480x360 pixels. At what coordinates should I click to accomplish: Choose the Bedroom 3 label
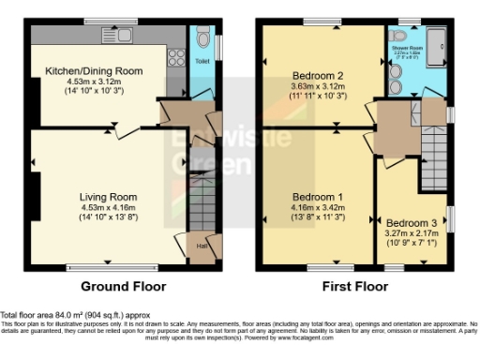pyautogui.click(x=411, y=222)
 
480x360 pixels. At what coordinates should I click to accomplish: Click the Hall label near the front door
pyautogui.click(x=202, y=247)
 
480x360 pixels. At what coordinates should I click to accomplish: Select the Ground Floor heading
pyautogui.click(x=123, y=286)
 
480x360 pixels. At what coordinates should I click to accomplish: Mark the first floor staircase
pyautogui.click(x=433, y=150)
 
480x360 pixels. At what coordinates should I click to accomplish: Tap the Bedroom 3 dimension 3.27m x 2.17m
pyautogui.click(x=411, y=233)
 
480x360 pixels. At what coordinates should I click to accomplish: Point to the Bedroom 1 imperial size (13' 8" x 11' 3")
pyautogui.click(x=321, y=216)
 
